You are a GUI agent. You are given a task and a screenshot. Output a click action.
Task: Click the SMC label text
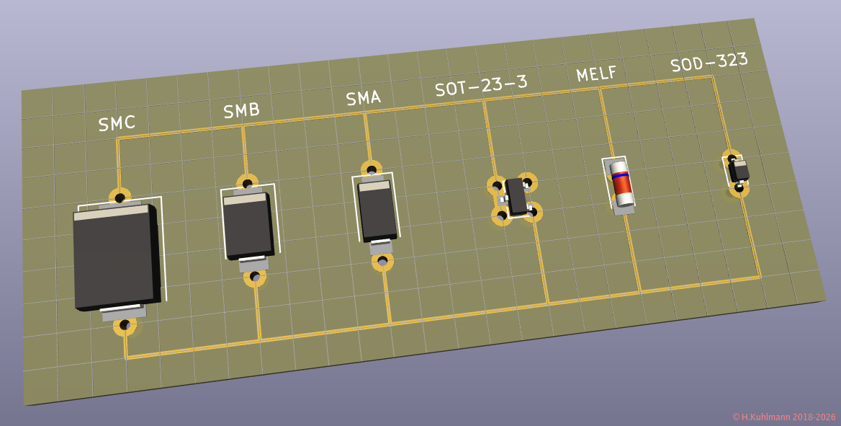pyautogui.click(x=117, y=123)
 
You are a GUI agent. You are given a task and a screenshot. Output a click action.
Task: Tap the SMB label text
pyautogui.click(x=241, y=110)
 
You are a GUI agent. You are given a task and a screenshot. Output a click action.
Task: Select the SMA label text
pyautogui.click(x=363, y=97)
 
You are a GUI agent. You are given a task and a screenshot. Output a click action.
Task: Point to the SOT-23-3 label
pyautogui.click(x=480, y=85)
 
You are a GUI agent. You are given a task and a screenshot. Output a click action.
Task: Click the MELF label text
pyautogui.click(x=596, y=73)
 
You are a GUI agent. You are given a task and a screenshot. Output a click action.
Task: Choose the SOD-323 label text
pyautogui.click(x=709, y=62)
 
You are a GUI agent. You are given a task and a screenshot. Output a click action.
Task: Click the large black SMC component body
pyautogui.click(x=114, y=259)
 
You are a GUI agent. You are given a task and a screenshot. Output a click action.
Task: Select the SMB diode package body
pyautogui.click(x=247, y=226)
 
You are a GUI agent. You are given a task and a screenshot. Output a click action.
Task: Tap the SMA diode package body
pyautogui.click(x=377, y=212)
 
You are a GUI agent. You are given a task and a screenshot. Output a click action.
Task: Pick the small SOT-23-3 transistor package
pyautogui.click(x=516, y=196)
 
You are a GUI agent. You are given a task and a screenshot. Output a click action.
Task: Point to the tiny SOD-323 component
pyautogui.click(x=739, y=172)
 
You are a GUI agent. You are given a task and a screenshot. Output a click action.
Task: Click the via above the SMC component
pyautogui.click(x=120, y=196)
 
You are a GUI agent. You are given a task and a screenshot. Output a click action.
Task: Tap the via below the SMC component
pyautogui.click(x=125, y=326)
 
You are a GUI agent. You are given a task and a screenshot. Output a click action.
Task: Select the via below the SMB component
pyautogui.click(x=254, y=276)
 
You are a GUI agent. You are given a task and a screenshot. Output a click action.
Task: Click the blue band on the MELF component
pyautogui.click(x=620, y=174)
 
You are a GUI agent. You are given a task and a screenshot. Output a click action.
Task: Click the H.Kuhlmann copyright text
pyautogui.click(x=783, y=417)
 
